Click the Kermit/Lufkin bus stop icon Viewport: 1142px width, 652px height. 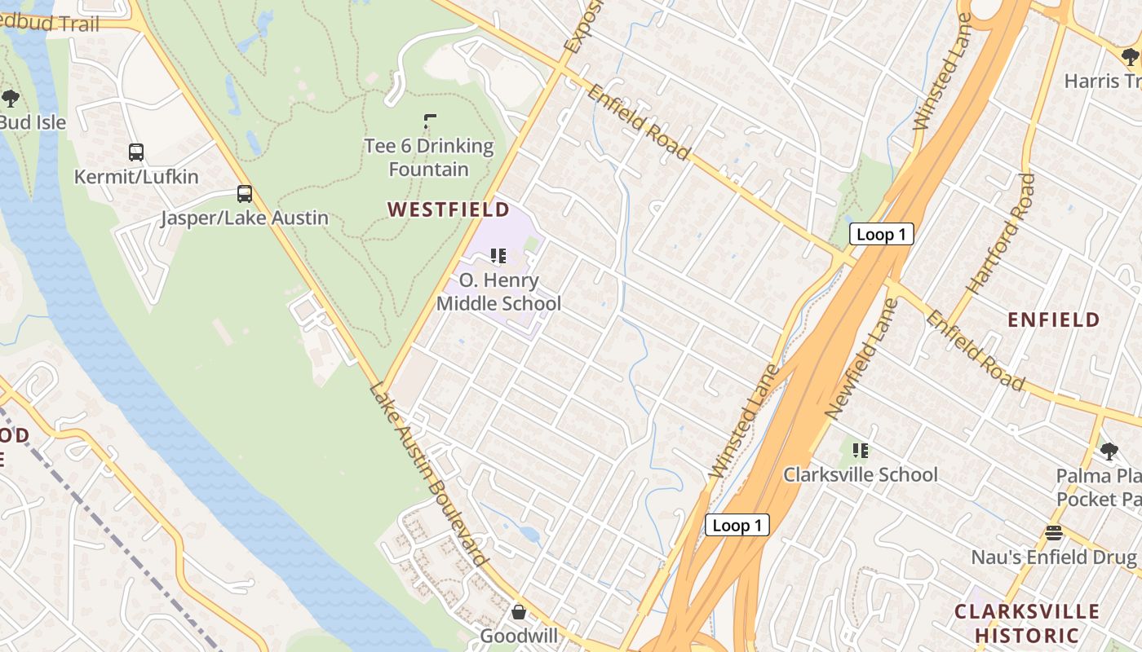[136, 152]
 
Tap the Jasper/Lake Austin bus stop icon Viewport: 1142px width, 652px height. [245, 194]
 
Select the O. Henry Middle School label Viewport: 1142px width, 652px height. [498, 292]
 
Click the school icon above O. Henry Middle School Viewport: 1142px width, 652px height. [498, 256]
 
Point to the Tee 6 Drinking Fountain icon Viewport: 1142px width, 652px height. [430, 122]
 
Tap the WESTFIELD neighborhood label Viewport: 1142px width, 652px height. [448, 210]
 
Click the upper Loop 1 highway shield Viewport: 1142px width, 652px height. [881, 235]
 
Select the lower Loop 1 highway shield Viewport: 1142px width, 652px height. [737, 525]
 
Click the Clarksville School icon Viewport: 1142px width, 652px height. [860, 450]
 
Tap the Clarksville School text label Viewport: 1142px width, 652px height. [861, 474]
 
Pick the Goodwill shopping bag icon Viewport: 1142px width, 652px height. [519, 611]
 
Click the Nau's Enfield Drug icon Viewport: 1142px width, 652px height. [1054, 533]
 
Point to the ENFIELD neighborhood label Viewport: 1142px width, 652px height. [1054, 319]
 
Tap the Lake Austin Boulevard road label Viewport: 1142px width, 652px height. [429, 474]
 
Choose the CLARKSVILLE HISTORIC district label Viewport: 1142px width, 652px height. [1026, 623]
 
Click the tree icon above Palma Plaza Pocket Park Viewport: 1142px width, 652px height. [1109, 451]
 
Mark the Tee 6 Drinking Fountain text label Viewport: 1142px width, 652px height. [429, 158]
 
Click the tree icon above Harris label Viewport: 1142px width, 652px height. [1130, 56]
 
